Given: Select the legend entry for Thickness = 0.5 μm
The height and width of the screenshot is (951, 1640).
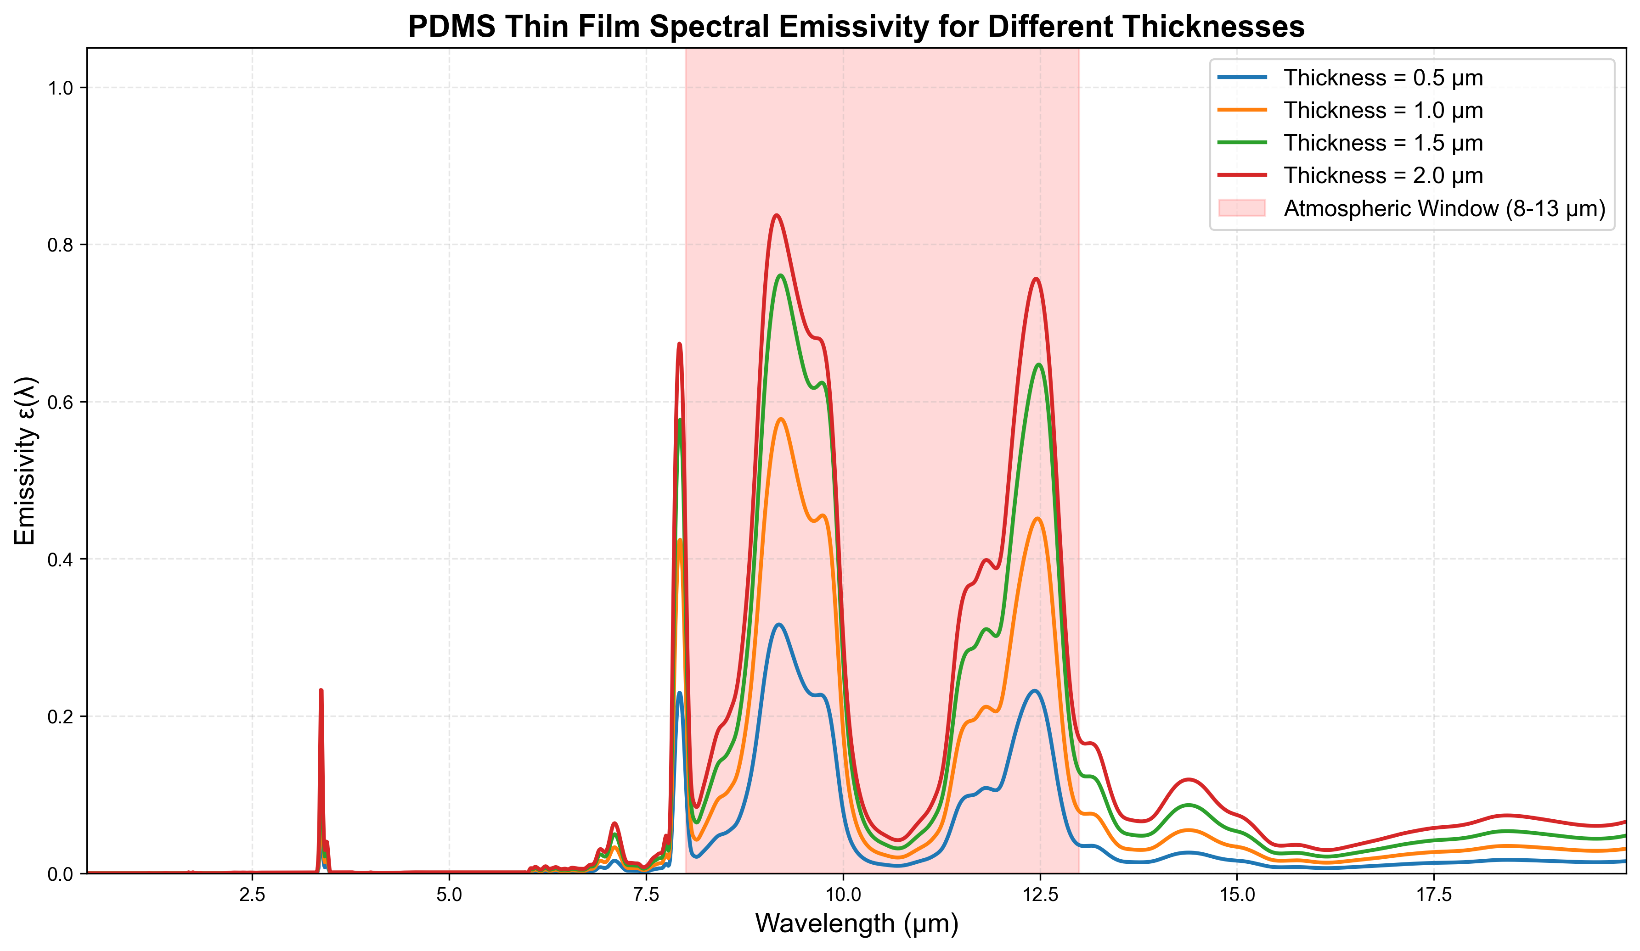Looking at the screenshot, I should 1383,78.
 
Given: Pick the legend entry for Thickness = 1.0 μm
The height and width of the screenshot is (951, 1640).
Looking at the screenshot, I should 1383,111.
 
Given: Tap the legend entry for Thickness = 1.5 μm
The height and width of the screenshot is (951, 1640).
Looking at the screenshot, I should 1383,143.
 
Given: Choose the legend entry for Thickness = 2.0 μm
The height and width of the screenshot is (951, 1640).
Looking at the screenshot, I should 1383,176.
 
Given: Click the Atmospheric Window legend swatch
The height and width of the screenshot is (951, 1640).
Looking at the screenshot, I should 1242,208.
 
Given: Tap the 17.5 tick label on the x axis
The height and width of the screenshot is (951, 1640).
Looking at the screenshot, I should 1434,895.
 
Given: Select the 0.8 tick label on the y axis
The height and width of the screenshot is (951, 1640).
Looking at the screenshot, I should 61,245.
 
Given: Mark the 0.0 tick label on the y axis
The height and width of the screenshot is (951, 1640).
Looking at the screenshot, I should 61,873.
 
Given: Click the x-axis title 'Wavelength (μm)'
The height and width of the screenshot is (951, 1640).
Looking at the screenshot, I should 857,923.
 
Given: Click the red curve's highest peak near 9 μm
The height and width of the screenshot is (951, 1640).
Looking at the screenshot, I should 777,215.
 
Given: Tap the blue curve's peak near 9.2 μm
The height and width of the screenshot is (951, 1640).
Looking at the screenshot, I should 779,625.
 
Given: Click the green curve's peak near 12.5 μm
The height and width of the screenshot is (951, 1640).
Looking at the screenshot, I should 1039,364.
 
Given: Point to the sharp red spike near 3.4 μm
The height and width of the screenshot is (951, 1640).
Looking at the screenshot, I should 321,691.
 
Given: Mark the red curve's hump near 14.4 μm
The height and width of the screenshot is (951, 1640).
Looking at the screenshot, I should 1189,779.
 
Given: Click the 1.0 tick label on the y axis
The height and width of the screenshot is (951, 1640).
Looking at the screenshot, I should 61,88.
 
